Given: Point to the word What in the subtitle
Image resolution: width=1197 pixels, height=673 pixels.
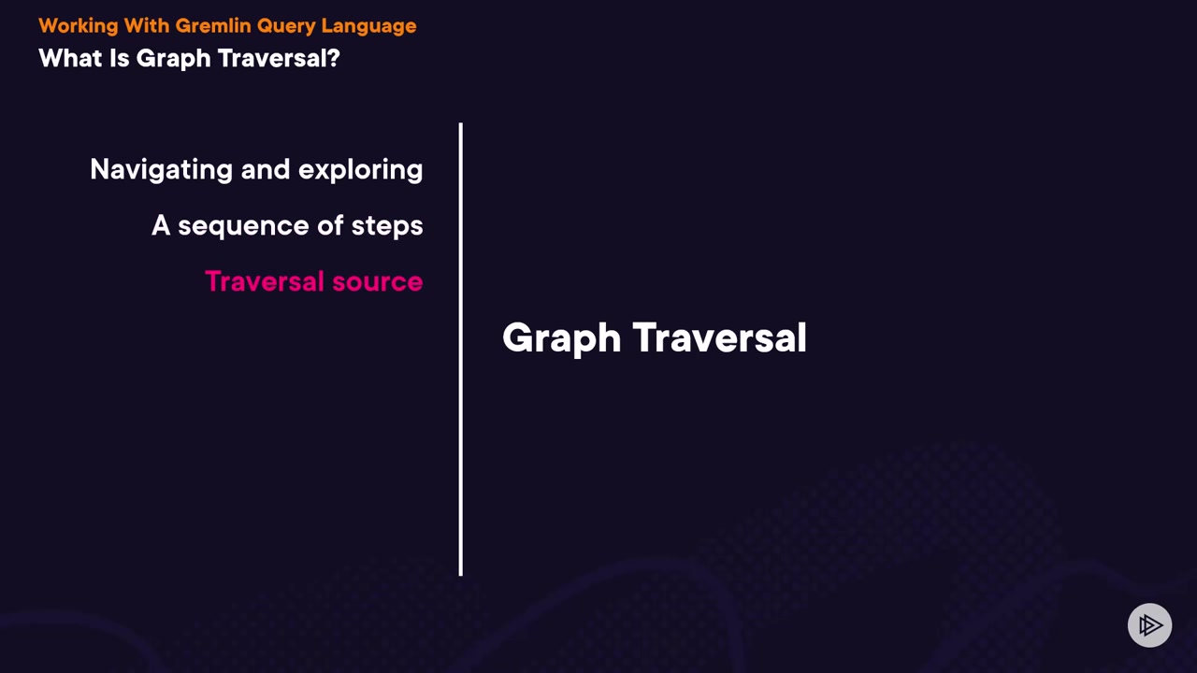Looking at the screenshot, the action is point(70,58).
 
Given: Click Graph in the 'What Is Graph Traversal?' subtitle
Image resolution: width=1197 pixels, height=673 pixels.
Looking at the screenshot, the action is point(174,59).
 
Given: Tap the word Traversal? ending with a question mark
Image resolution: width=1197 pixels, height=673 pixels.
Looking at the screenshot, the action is point(279,58).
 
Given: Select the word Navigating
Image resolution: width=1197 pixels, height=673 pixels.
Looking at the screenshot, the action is point(162,170).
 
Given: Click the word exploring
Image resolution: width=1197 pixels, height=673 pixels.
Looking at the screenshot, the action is point(361,170).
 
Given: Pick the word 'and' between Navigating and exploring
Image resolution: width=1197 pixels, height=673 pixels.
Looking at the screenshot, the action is point(266,169).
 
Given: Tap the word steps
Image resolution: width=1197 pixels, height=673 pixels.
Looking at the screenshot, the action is point(387,226).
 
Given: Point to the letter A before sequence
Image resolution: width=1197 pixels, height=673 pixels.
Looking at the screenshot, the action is point(161,225).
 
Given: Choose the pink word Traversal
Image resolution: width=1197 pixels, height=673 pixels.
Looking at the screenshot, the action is point(265,281).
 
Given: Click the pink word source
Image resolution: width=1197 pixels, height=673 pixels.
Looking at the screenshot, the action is point(378,282).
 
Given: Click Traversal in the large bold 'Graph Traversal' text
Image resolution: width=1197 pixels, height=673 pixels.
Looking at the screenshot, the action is point(720,337).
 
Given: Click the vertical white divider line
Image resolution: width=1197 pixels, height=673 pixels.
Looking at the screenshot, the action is point(461,350).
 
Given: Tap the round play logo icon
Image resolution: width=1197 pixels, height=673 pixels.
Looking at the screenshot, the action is point(1149,625).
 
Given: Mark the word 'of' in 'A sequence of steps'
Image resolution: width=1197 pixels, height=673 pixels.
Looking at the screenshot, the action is point(330,225).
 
